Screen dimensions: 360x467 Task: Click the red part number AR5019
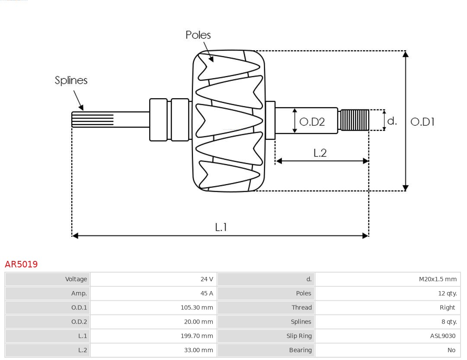click(x=21, y=264)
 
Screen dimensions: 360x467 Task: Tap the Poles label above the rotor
click(x=198, y=35)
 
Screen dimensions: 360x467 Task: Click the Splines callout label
click(x=71, y=80)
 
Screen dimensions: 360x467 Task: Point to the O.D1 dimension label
click(x=422, y=122)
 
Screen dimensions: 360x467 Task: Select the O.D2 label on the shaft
click(x=312, y=122)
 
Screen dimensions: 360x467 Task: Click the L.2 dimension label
click(x=320, y=153)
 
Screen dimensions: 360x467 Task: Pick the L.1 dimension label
click(x=221, y=227)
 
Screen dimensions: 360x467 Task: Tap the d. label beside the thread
click(x=392, y=121)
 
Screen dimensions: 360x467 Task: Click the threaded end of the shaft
click(x=355, y=120)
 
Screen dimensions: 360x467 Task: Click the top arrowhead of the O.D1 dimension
click(x=405, y=54)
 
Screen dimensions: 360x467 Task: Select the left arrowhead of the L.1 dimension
click(x=75, y=235)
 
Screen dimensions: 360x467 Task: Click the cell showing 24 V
click(x=207, y=279)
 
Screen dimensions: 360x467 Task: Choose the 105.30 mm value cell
click(x=197, y=308)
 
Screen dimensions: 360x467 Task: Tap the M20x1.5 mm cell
click(x=438, y=279)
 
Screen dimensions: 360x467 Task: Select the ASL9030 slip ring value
click(x=442, y=336)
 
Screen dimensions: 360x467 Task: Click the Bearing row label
click(x=300, y=350)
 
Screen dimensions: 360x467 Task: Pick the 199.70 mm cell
click(x=197, y=336)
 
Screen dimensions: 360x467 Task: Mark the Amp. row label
click(x=79, y=293)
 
